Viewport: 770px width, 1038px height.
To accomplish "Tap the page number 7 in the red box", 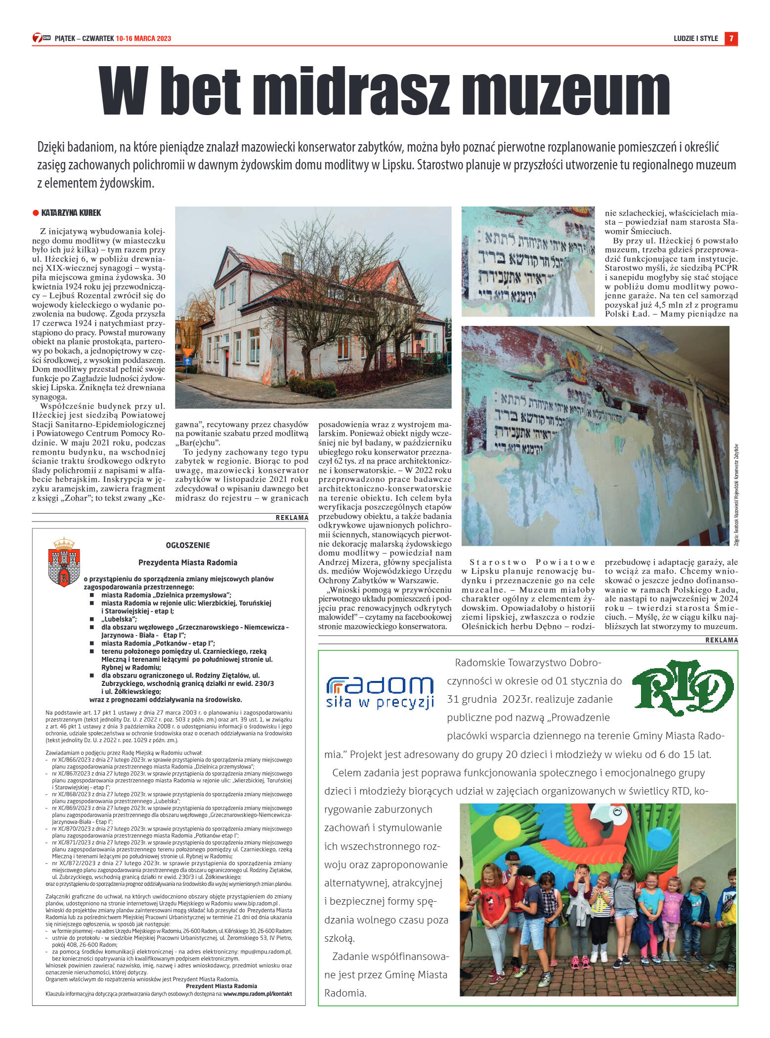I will coord(731,39).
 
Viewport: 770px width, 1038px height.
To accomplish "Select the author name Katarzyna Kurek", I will coord(71,213).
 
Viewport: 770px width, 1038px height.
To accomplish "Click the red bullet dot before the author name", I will coord(36,213).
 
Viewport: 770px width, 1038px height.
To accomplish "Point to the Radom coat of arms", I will coord(64,562).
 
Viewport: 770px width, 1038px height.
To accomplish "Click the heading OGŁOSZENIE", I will coord(188,545).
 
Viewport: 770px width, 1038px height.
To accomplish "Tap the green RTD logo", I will coord(683,687).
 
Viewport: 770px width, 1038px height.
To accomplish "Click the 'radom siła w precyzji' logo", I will coord(380,692).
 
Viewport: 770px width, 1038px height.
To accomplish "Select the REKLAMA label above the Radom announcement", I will coord(292,518).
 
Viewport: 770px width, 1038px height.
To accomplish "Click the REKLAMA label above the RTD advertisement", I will coord(722,640).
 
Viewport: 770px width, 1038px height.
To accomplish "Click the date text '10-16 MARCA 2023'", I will coord(143,39).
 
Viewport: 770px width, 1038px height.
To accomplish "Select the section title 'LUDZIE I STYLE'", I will coord(695,39).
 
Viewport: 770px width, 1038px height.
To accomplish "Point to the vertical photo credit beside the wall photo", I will coord(736,493).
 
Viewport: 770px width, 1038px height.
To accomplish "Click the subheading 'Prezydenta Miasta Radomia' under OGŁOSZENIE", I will coord(188,562).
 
